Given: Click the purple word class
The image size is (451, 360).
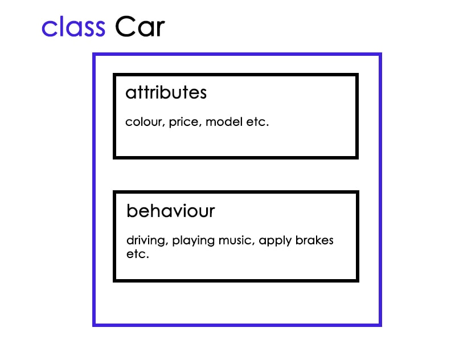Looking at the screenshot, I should (73, 27).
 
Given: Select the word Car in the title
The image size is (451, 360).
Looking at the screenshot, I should (140, 27).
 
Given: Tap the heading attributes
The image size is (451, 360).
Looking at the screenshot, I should (166, 92).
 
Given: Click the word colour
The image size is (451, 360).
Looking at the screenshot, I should (145, 122).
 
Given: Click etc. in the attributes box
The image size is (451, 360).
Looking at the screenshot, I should (256, 122).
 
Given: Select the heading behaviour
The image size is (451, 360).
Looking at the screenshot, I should (170, 211).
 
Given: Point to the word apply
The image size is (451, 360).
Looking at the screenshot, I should (275, 241).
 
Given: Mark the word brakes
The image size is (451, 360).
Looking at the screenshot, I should (314, 240).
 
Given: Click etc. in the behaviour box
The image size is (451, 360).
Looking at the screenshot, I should (137, 254).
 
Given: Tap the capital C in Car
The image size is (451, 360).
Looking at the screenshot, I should (125, 27).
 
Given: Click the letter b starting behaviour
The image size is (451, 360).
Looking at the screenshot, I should (131, 211).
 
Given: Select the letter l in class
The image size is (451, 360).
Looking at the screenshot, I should (59, 26).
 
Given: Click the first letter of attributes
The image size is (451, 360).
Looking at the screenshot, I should (130, 93).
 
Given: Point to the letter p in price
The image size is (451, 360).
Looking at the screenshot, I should (172, 123).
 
